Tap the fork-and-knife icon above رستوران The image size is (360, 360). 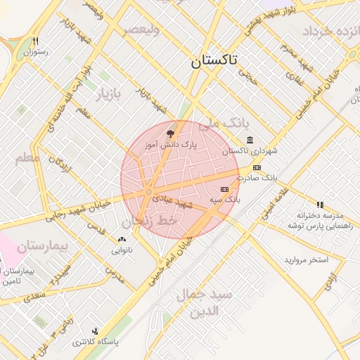(x=35, y=41)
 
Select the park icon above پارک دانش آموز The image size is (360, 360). (x=170, y=132)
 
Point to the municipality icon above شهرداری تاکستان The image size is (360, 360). (x=250, y=141)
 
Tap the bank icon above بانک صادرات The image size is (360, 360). (x=257, y=167)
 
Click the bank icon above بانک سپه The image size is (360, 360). (x=225, y=189)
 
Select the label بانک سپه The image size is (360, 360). (x=225, y=200)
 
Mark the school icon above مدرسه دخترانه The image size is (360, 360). (x=321, y=205)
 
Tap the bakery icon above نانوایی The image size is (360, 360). (x=122, y=240)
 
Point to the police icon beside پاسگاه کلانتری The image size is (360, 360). (x=96, y=330)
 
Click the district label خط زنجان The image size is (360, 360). (x=153, y=220)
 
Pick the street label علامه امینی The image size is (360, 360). (x=274, y=202)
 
